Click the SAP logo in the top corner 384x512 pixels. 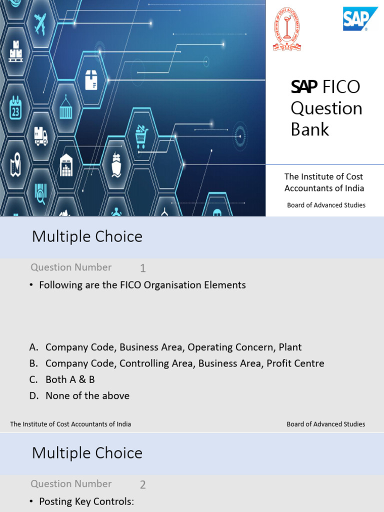[x=360, y=19]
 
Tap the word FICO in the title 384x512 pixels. [x=341, y=86]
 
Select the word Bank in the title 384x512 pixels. [x=310, y=129]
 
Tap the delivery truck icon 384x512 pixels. [x=41, y=135]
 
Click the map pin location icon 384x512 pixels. [x=15, y=163]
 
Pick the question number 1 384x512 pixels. [x=143, y=268]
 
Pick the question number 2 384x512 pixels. [x=143, y=484]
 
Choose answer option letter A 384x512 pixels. [x=33, y=347]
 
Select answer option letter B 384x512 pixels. [x=33, y=363]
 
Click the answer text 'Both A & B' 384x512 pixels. [x=70, y=379]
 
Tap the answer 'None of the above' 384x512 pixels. [x=87, y=396]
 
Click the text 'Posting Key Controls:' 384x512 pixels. [x=86, y=501]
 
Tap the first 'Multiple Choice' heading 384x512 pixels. [x=87, y=236]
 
